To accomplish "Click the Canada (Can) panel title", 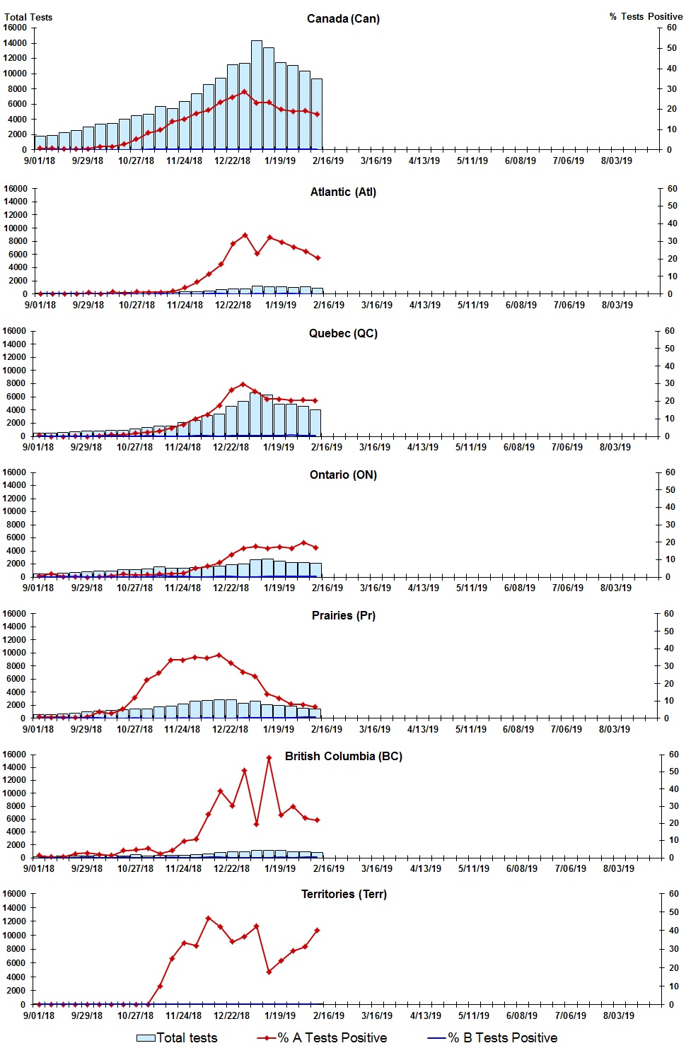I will pos(343,18).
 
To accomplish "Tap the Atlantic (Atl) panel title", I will pos(343,192).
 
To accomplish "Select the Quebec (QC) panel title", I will pos(343,333).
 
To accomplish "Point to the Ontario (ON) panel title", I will pos(343,474).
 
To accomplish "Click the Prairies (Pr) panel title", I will pos(343,615).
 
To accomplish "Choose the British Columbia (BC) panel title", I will pos(343,756).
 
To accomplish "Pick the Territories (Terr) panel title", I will pos(343,894).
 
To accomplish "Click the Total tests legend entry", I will pos(177,1037).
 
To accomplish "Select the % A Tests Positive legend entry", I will pos(322,1037).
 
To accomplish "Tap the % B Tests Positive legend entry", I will pos(493,1037).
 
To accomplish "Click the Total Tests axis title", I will pos(28,17).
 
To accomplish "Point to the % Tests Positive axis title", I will pos(646,16).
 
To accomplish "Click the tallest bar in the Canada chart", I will pos(257,95).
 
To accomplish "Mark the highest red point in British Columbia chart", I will pos(269,758).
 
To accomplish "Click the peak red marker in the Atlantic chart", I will pos(245,235).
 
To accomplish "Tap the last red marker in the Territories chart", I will pos(317,930).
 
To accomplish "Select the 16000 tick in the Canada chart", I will pos(15,28).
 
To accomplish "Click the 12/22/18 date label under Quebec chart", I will pos(231,447).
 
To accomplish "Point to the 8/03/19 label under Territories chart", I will pos(618,1015).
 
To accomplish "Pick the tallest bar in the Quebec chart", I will pos(255,414).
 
